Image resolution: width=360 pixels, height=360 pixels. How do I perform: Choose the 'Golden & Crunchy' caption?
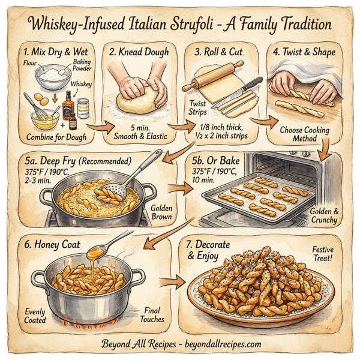tap(323, 215)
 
